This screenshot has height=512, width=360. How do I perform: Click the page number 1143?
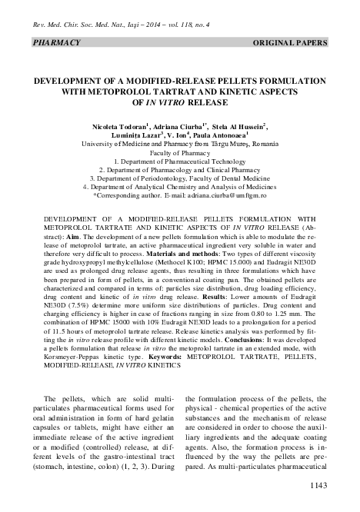pyautogui.click(x=338, y=485)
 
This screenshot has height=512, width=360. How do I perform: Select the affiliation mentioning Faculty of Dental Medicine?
pyautogui.click(x=180, y=175)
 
